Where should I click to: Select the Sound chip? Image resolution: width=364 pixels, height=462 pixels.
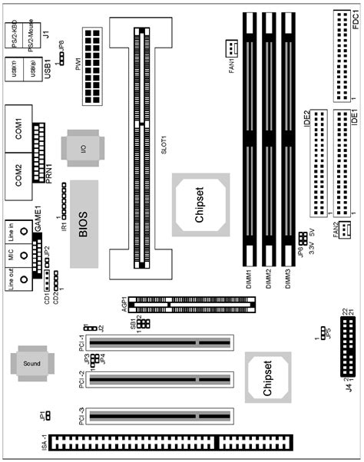tap(31, 363)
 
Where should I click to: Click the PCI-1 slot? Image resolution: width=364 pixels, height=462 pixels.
tap(163, 343)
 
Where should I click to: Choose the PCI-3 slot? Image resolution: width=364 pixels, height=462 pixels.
tap(163, 417)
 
